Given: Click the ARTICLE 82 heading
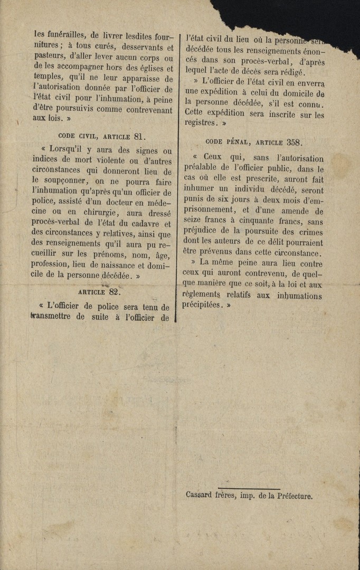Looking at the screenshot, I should click(100, 291).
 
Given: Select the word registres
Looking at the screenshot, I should click(200, 122).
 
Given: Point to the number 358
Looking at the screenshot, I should click(295, 142).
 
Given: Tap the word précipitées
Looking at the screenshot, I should click(200, 305).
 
